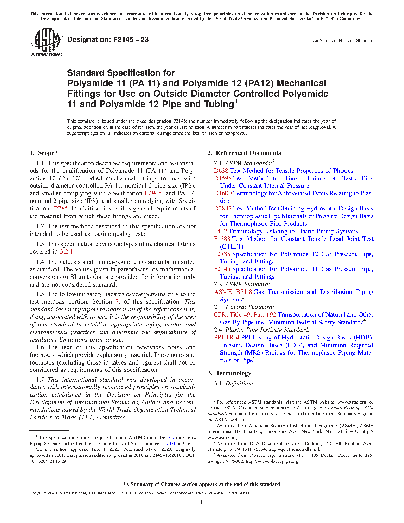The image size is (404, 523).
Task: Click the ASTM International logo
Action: (47, 42)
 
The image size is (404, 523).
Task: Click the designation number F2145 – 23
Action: (108, 40)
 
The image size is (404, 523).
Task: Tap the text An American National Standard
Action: (343, 41)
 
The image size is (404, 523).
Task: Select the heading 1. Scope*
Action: (44, 153)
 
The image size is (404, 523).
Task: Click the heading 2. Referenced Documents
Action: (244, 153)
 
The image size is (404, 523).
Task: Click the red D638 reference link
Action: (221, 171)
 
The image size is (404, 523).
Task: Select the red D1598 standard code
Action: (222, 178)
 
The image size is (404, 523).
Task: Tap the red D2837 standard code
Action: (222, 209)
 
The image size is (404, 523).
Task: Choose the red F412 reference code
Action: (220, 231)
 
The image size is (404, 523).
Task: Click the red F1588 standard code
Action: (222, 239)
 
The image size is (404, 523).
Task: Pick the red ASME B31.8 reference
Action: (233, 292)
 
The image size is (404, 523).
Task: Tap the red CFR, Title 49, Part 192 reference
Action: (245, 315)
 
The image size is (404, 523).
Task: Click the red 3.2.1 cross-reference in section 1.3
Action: (67, 252)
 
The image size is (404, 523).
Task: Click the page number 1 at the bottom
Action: (202, 502)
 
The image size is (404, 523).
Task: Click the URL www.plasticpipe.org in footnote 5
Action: (272, 461)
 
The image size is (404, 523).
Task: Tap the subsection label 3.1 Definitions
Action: (235, 384)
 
